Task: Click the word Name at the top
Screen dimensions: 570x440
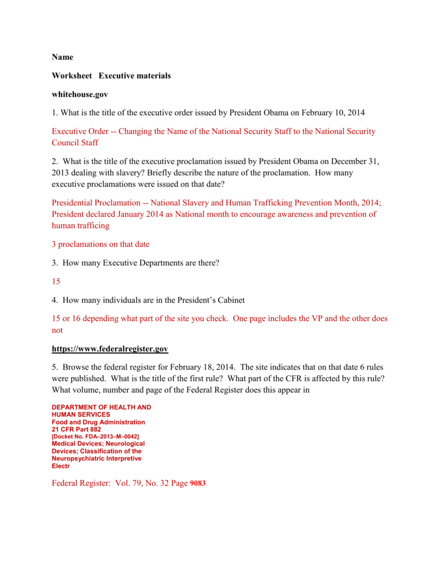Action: pyautogui.click(x=62, y=57)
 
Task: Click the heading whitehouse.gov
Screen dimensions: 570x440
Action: pyautogui.click(x=80, y=95)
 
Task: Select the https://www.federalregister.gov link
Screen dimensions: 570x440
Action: pyautogui.click(x=110, y=349)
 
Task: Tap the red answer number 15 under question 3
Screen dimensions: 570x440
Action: pyautogui.click(x=56, y=282)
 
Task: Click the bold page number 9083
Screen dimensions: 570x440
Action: pyautogui.click(x=197, y=483)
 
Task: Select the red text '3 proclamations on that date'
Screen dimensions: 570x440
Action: pyautogui.click(x=101, y=244)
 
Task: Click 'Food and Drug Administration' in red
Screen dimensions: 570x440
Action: pyautogui.click(x=98, y=422)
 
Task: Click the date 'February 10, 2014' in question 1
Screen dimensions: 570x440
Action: pyautogui.click(x=333, y=113)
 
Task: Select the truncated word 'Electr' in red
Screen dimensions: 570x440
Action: pyautogui.click(x=61, y=466)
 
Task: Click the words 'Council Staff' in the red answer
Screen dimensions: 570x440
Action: pyautogui.click(x=75, y=142)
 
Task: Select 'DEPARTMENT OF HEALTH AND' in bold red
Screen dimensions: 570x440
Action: pyautogui.click(x=101, y=407)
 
